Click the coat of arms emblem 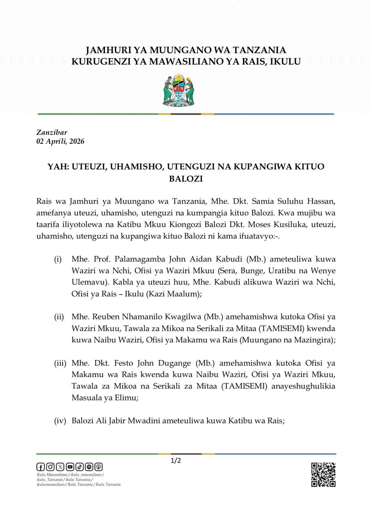178,90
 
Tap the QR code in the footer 323,474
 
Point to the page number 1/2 176,461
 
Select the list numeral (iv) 60,421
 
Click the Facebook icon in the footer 40,467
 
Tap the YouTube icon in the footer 70,467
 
